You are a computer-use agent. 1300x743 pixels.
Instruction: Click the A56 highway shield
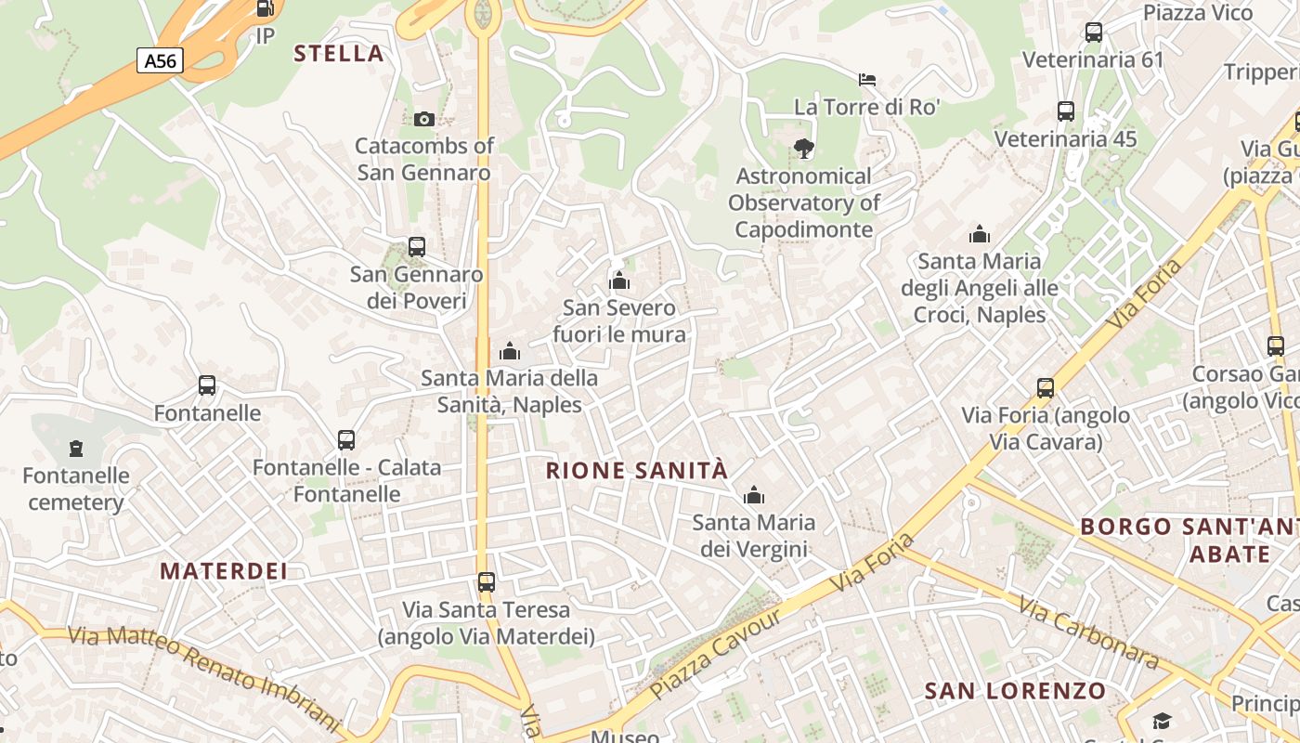click(x=161, y=61)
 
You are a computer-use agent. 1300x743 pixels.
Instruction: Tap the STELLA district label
click(x=339, y=53)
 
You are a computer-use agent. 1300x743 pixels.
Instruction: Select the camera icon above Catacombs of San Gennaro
click(x=424, y=119)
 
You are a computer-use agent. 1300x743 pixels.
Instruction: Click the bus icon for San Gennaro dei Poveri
click(x=417, y=247)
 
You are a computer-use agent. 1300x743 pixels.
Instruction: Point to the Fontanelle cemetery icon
click(x=76, y=449)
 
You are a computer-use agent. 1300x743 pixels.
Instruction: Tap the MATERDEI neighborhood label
click(x=224, y=570)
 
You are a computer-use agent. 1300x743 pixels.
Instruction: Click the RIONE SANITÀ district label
click(x=637, y=471)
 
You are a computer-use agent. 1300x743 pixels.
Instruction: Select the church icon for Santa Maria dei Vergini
click(x=754, y=495)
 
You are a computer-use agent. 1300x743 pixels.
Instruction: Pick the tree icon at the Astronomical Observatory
click(x=804, y=148)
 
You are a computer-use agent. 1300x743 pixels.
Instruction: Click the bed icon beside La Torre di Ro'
click(x=867, y=80)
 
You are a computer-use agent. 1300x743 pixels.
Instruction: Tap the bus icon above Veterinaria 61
click(x=1094, y=33)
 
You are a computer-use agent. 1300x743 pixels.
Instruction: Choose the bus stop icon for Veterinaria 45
click(x=1066, y=111)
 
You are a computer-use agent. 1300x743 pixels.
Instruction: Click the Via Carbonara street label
click(x=1088, y=633)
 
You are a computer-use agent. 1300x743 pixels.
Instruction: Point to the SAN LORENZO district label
click(x=1016, y=691)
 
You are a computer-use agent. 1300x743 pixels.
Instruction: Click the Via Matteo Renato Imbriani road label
click(x=204, y=676)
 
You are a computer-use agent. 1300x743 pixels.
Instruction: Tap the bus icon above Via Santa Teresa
click(x=487, y=582)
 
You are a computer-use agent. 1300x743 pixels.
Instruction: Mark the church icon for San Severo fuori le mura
click(x=619, y=280)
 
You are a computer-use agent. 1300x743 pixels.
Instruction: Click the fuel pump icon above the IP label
click(x=265, y=9)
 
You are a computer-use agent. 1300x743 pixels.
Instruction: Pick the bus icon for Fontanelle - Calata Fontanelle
click(x=346, y=440)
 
